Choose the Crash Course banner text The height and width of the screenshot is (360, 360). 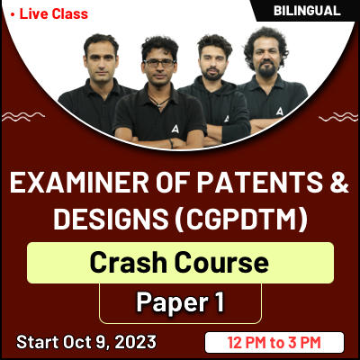[x=180, y=263]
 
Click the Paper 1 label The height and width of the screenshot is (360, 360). [x=180, y=301]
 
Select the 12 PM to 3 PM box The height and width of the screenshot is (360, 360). [x=274, y=342]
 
